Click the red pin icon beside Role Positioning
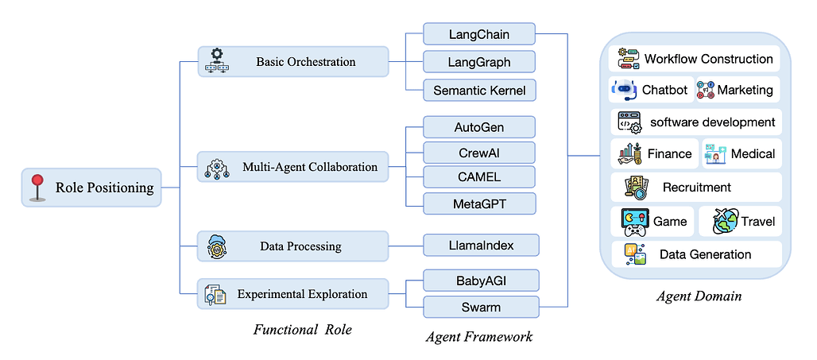(x=36, y=188)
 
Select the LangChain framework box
(x=479, y=34)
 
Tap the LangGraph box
(x=479, y=62)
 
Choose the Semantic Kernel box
(x=479, y=90)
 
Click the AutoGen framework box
(x=479, y=126)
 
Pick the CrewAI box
(x=479, y=152)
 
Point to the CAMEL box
(x=479, y=177)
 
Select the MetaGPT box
(x=479, y=203)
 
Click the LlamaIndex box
(x=480, y=246)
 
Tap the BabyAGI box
(x=480, y=280)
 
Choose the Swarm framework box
(x=480, y=306)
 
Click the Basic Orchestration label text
(x=305, y=61)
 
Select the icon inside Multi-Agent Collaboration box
(x=217, y=167)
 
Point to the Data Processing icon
(x=216, y=246)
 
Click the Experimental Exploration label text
(x=302, y=294)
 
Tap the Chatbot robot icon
(x=625, y=90)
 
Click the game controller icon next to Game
(x=633, y=222)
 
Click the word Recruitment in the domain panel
(x=696, y=188)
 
